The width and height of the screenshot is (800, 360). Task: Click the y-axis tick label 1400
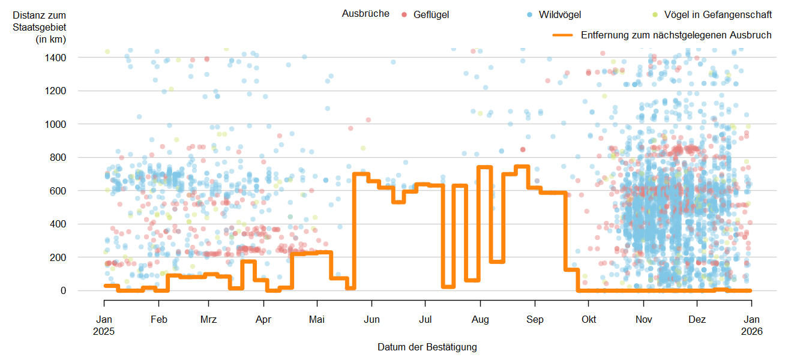[55, 58]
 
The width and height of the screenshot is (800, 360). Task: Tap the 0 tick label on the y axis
[63, 290]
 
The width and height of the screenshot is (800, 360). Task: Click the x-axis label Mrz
[209, 320]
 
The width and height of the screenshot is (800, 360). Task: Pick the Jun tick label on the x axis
[371, 320]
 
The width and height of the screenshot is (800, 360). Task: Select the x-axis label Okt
[589, 320]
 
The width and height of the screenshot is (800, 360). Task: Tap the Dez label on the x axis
[697, 320]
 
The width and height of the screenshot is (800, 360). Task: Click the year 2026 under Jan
[751, 331]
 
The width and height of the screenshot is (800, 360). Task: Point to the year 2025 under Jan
[104, 331]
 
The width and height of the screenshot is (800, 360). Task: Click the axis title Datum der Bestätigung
[427, 347]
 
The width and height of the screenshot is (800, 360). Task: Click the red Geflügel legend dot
[405, 14]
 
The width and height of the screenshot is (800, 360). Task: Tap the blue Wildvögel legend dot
[530, 14]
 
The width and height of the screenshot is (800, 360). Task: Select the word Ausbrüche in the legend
[365, 14]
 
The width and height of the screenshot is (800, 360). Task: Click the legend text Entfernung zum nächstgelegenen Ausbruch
[676, 35]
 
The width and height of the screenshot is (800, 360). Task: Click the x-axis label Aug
[480, 320]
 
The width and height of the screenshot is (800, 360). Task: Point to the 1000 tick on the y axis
[55, 124]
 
